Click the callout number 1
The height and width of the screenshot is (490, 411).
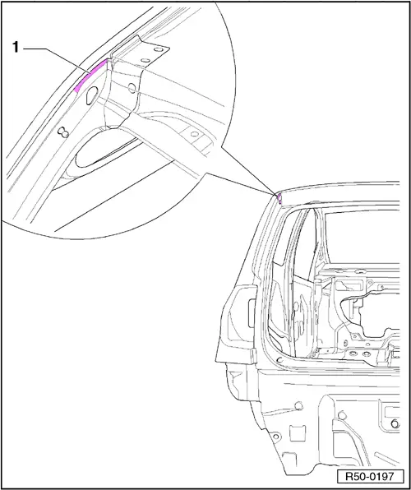[16, 49]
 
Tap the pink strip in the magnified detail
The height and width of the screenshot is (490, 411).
[90, 75]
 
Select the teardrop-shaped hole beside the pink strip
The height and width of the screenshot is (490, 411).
[92, 95]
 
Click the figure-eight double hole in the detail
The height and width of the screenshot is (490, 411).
[63, 132]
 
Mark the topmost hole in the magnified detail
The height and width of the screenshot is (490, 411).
[158, 49]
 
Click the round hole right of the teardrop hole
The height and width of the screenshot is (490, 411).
[132, 89]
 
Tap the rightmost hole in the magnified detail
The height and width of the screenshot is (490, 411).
[195, 134]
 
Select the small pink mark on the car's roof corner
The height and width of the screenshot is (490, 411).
[279, 198]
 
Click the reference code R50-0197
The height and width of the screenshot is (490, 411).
[371, 477]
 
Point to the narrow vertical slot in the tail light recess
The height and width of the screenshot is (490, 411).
[251, 313]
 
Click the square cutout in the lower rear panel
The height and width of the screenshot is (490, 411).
[295, 432]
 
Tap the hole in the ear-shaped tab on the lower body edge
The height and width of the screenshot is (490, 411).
[275, 437]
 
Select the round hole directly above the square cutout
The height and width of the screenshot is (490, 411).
[298, 405]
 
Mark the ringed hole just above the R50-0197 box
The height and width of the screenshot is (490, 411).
[395, 423]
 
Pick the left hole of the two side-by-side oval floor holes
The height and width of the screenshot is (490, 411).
[353, 354]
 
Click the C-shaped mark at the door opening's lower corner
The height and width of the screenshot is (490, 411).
[279, 359]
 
